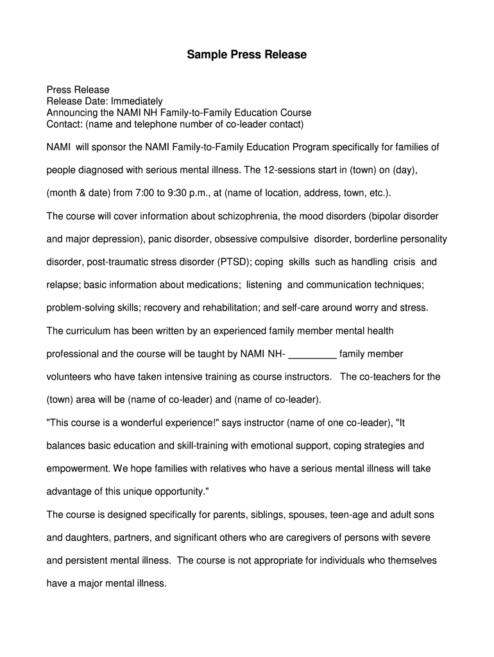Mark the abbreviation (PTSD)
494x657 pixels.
pos(236,262)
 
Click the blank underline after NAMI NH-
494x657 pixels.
pos(313,354)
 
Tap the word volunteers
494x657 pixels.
pos(70,377)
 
